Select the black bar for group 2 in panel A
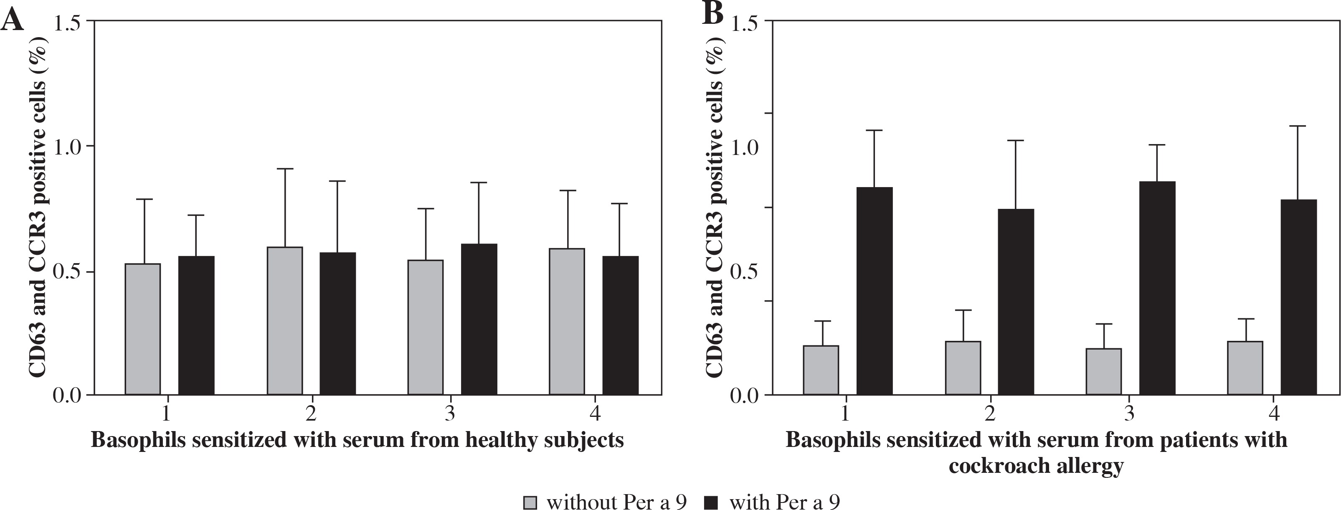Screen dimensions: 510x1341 tap(337, 323)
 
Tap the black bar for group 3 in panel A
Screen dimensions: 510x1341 tap(479, 319)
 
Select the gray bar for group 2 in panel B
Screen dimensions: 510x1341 tap(963, 368)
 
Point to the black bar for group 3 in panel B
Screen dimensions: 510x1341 tap(1157, 288)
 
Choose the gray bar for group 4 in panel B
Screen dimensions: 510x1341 tap(1245, 368)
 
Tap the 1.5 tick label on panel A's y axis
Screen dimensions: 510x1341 tap(70, 22)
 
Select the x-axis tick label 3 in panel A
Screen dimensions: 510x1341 tap(450, 414)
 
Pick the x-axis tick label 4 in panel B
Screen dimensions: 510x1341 tap(1274, 414)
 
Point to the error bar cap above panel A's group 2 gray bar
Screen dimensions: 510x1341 tap(285, 169)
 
